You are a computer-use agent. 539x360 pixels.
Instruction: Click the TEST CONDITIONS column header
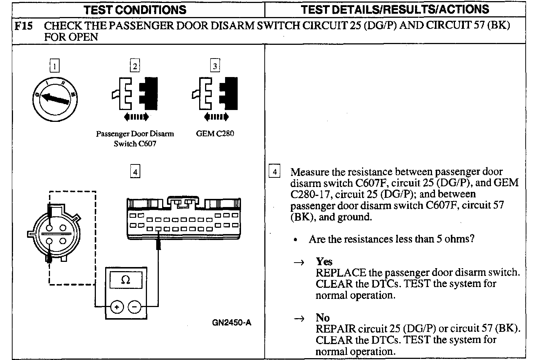(135, 10)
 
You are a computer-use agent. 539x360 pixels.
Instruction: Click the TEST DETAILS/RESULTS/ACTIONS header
(395, 10)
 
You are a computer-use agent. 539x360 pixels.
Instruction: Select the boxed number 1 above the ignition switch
(54, 66)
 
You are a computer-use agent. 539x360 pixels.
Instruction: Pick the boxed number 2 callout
(135, 66)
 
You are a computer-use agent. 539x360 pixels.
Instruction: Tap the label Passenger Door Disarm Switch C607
(135, 139)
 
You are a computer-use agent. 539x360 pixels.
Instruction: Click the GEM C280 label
(215, 133)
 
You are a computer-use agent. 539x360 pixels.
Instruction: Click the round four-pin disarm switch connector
(54, 233)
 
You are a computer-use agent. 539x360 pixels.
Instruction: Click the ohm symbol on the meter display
(125, 280)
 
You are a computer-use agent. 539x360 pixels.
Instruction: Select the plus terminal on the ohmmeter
(117, 307)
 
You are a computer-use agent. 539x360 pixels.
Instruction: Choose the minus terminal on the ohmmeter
(134, 307)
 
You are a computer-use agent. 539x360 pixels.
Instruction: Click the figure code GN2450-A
(231, 323)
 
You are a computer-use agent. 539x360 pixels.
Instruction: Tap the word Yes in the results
(324, 261)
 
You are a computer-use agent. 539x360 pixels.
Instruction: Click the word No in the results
(322, 317)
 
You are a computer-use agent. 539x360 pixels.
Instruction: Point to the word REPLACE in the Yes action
(341, 273)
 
